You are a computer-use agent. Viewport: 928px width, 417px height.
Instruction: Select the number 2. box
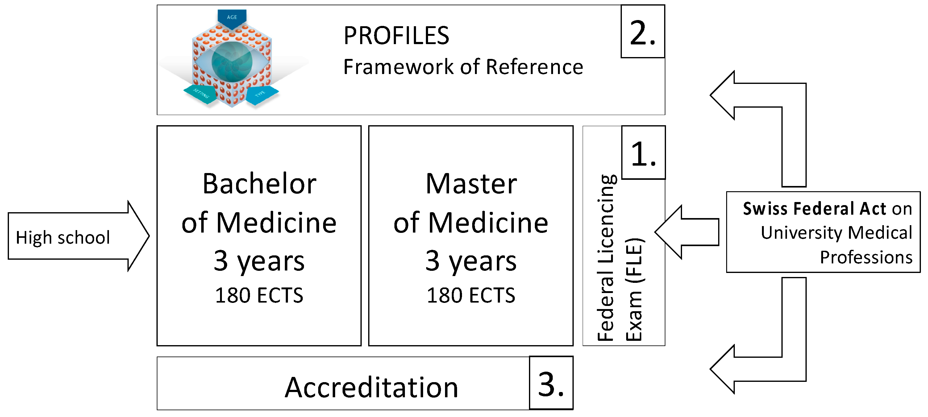click(x=643, y=32)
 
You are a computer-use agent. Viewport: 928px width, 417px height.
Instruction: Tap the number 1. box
click(x=643, y=153)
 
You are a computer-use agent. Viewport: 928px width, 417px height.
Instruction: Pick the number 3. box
click(x=551, y=383)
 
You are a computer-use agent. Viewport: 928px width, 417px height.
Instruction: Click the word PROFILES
click(x=396, y=36)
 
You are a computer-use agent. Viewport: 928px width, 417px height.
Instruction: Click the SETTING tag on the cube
click(x=200, y=94)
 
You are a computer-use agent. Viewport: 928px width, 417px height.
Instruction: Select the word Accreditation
click(x=371, y=387)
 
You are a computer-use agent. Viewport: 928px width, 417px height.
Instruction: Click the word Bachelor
click(x=259, y=184)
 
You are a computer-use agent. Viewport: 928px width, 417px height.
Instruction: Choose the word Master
click(x=471, y=184)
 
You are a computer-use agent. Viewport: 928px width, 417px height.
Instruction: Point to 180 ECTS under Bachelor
click(x=259, y=295)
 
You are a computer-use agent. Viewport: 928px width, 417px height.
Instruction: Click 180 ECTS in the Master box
click(x=471, y=295)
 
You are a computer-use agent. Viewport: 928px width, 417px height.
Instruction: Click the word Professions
click(x=866, y=257)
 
